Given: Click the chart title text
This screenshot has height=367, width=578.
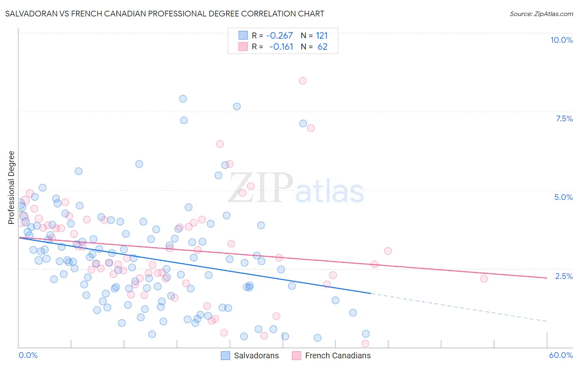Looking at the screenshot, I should click(164, 14).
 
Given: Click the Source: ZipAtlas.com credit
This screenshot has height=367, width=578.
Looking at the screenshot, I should click(541, 14).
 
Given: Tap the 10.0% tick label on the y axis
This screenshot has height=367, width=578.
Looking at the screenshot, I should click(561, 40).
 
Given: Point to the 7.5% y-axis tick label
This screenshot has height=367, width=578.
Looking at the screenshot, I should click(564, 118).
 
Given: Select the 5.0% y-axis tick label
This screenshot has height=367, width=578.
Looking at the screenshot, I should click(563, 197).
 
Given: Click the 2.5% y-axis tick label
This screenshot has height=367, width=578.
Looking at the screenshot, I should click(564, 276).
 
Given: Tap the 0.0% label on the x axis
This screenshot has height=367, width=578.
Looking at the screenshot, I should click(28, 355).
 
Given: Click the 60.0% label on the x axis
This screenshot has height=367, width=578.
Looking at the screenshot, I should click(560, 355).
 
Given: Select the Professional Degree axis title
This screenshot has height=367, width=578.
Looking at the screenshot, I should click(11, 188).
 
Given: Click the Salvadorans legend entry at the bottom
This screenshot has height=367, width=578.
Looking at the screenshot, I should click(256, 355).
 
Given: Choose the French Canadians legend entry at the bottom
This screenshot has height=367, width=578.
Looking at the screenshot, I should click(338, 355).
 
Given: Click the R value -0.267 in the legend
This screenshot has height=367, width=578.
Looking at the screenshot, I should click(279, 36).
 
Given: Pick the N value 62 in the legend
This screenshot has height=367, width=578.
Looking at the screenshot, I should click(322, 47).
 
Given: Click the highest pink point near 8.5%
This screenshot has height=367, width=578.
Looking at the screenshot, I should click(303, 81).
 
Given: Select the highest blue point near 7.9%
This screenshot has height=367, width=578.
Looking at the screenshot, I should click(183, 99).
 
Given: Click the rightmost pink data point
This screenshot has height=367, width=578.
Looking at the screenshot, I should click(484, 279).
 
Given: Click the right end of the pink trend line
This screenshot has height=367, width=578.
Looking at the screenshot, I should click(546, 278).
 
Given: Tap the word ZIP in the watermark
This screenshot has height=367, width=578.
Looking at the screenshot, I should click(261, 188).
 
